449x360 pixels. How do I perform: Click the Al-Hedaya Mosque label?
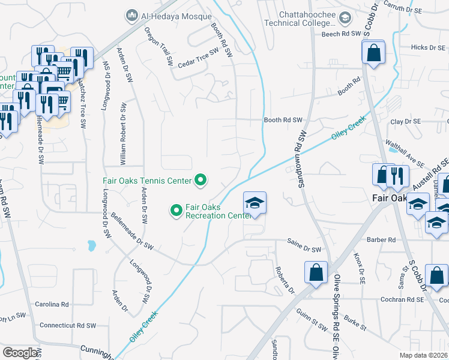coord(176,16)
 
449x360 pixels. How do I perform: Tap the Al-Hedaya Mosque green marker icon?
coord(131,15)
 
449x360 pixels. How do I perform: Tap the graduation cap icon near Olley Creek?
coord(255,203)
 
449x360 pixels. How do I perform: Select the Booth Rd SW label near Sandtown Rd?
coord(283,120)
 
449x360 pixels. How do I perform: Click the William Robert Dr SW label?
coord(124,133)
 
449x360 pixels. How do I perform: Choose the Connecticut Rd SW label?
coord(68,325)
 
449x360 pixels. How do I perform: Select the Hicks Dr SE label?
coord(427,47)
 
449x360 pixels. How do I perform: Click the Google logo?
coord(20,352)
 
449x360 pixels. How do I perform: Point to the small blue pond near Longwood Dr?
coord(91,245)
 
